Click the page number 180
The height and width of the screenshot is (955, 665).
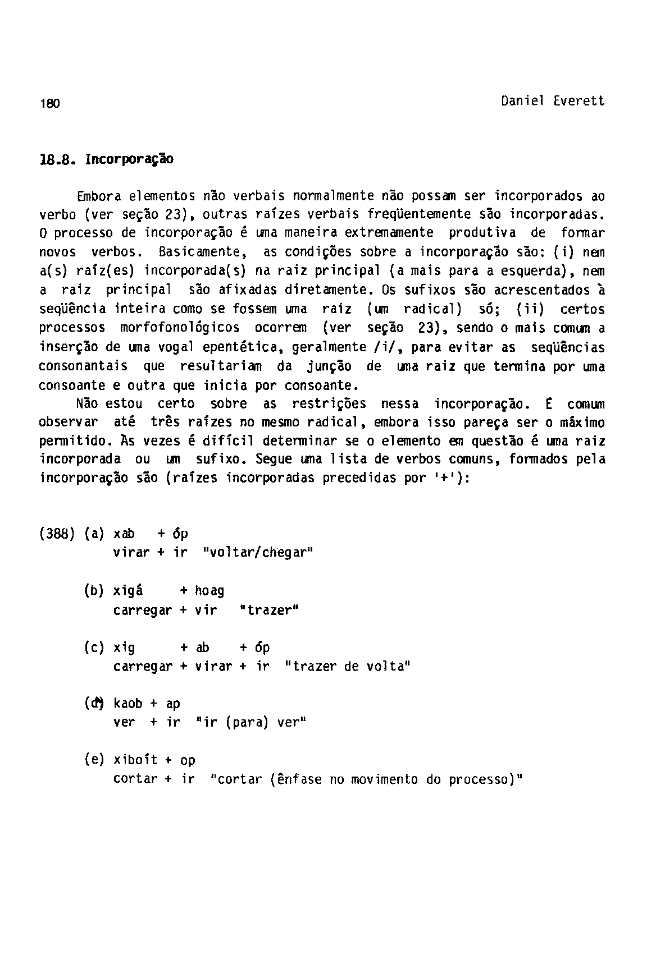click(x=49, y=103)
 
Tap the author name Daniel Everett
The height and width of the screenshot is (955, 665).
click(x=553, y=101)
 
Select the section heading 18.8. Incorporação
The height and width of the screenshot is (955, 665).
click(x=106, y=159)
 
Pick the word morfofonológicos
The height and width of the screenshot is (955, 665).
click(x=180, y=328)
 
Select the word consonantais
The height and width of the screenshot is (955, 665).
click(x=83, y=366)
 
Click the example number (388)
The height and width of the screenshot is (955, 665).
click(x=57, y=534)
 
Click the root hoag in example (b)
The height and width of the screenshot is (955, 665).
click(x=209, y=590)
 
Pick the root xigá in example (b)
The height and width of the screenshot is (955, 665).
click(x=127, y=590)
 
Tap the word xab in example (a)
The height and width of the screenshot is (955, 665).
click(x=124, y=534)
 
